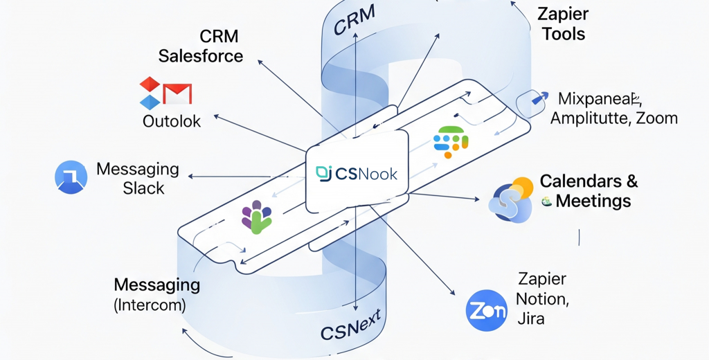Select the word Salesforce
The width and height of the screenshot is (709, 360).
point(201,56)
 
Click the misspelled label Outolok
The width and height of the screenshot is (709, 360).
point(172,121)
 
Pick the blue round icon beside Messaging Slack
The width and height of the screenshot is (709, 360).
point(71,177)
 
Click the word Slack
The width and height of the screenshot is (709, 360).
point(143,188)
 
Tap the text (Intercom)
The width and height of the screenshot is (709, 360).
point(150,305)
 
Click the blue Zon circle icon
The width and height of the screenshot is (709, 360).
point(487,311)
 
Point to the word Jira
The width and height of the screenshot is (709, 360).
point(531,318)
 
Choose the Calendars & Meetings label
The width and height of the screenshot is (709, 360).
point(589,191)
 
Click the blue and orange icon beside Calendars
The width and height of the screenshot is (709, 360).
point(512,199)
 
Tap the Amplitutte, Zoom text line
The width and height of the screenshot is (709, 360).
point(613,118)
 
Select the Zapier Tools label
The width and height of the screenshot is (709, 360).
point(563,23)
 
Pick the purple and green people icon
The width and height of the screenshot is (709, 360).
point(255,216)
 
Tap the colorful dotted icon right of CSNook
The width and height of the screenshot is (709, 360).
point(451,141)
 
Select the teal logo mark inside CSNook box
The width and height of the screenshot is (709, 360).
point(323,173)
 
